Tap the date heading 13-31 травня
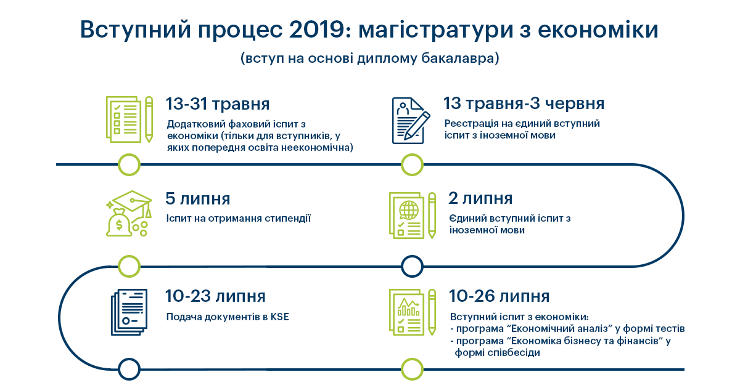[x=218, y=104]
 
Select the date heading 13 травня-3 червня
[x=524, y=103]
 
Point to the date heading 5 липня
[x=197, y=199]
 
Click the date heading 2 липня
[x=480, y=198]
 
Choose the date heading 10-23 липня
[x=215, y=296]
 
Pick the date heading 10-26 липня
[x=499, y=296]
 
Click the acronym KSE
[x=280, y=317]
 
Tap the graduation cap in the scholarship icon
[x=132, y=202]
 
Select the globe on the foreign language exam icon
[x=409, y=210]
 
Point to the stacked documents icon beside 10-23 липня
[x=129, y=312]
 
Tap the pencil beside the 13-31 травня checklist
[x=149, y=119]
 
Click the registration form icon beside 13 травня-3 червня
[x=411, y=121]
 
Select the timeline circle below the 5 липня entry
[x=129, y=266]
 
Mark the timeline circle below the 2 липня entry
[x=412, y=266]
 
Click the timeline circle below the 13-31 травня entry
[x=129, y=164]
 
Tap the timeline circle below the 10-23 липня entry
[x=129, y=369]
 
